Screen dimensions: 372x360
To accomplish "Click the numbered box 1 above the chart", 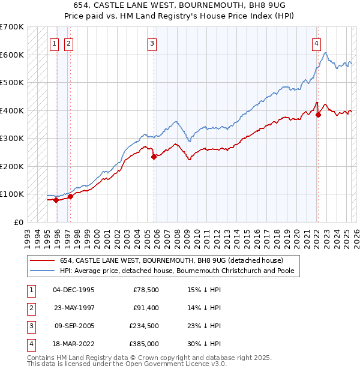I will (x=54, y=43).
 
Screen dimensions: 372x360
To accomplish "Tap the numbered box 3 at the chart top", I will (x=152, y=43).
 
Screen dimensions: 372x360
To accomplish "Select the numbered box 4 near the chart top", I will (x=316, y=43).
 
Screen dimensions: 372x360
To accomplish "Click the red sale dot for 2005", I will (x=154, y=157).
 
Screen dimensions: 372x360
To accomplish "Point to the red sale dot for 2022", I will (x=318, y=115).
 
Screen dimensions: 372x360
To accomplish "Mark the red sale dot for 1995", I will (x=56, y=200).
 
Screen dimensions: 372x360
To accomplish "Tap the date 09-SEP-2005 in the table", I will (x=74, y=328).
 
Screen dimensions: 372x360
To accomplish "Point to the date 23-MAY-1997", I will (x=74, y=308).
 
